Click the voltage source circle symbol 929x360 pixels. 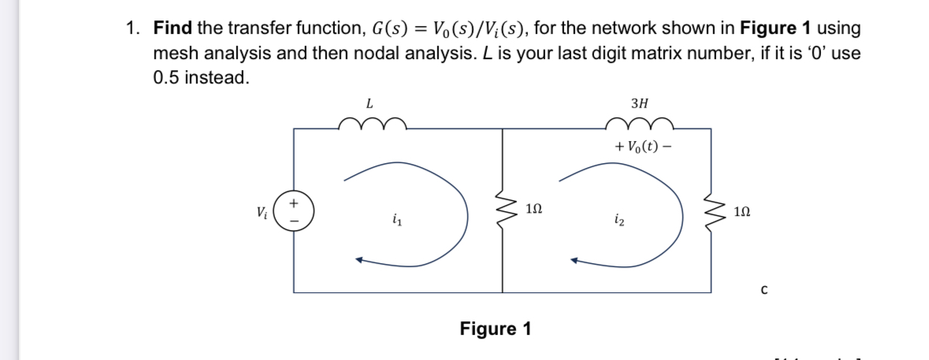295,213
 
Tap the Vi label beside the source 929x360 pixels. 261,212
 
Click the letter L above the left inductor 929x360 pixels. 370,102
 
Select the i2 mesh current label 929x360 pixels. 619,223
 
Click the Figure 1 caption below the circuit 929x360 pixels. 495,328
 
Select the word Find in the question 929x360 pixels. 173,29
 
